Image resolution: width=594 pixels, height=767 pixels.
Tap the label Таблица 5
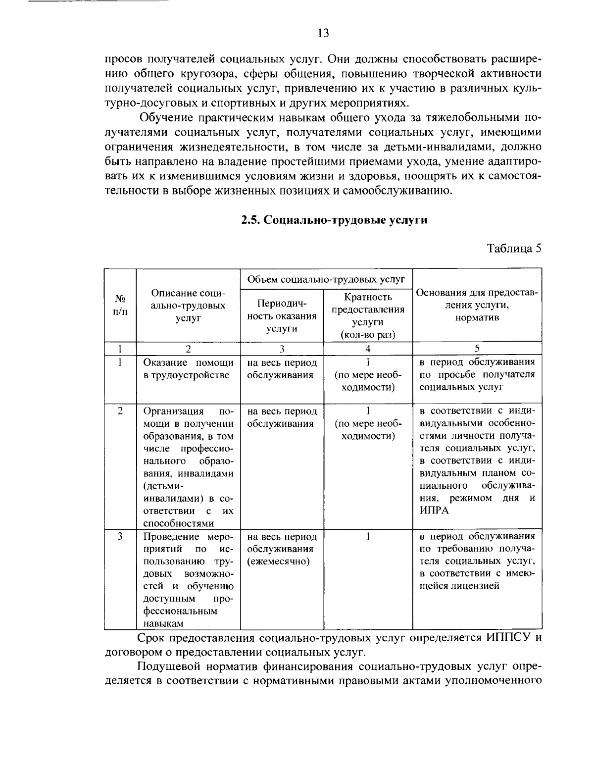click(514, 248)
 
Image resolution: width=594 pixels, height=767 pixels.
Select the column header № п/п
click(120, 305)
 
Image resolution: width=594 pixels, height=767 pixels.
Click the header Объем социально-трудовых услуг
click(326, 279)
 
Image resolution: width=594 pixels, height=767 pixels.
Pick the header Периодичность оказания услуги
click(281, 316)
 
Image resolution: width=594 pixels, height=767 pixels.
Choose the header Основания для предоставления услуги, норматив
click(477, 305)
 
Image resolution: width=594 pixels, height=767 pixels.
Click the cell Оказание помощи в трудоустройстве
click(188, 368)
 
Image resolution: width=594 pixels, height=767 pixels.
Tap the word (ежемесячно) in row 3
click(278, 562)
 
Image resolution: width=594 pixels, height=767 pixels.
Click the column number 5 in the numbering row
click(477, 348)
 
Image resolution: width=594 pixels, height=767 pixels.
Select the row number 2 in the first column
click(120, 411)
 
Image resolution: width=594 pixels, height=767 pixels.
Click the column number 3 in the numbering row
click(281, 348)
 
